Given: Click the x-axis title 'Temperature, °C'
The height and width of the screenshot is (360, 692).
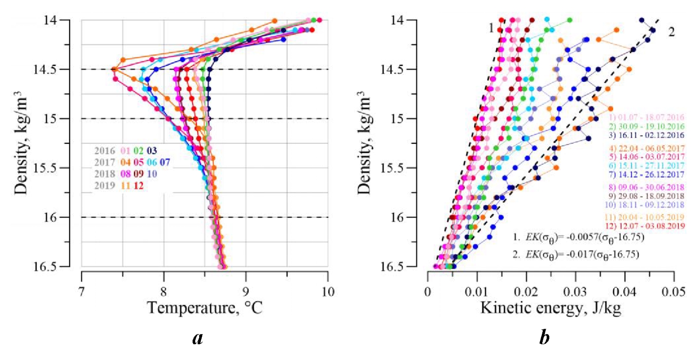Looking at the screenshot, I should [x=204, y=308].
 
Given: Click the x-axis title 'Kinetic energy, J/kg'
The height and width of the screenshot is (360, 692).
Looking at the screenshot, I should [x=551, y=308].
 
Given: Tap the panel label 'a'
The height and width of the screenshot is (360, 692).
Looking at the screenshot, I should [x=198, y=338].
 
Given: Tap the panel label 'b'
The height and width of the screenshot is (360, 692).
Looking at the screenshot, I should [x=544, y=338].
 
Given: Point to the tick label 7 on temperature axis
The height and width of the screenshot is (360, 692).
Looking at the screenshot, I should [x=81, y=291].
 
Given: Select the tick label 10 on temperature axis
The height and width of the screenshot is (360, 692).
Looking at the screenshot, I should [x=328, y=291].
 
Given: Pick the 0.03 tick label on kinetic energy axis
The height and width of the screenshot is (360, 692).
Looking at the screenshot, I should [x=575, y=291].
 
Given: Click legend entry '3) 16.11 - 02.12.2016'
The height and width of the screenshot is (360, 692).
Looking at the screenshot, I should [x=647, y=135].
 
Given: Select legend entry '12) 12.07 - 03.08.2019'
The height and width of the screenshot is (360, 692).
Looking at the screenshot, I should [x=645, y=226].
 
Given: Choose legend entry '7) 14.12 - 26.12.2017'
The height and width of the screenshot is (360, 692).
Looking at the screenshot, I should [x=647, y=174].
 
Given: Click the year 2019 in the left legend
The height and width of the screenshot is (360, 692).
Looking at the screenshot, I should [x=104, y=186].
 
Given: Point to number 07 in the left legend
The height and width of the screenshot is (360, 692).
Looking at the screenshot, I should [x=165, y=162].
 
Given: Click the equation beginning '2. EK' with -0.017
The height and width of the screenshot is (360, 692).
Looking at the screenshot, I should [x=575, y=254].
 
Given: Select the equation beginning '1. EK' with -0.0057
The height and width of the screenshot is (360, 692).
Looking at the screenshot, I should [x=578, y=238].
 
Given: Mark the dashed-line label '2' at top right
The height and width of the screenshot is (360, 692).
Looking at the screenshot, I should [x=671, y=32].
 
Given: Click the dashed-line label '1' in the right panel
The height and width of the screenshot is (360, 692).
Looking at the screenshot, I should [x=491, y=28].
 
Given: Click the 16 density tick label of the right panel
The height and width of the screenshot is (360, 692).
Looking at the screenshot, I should [x=398, y=217].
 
